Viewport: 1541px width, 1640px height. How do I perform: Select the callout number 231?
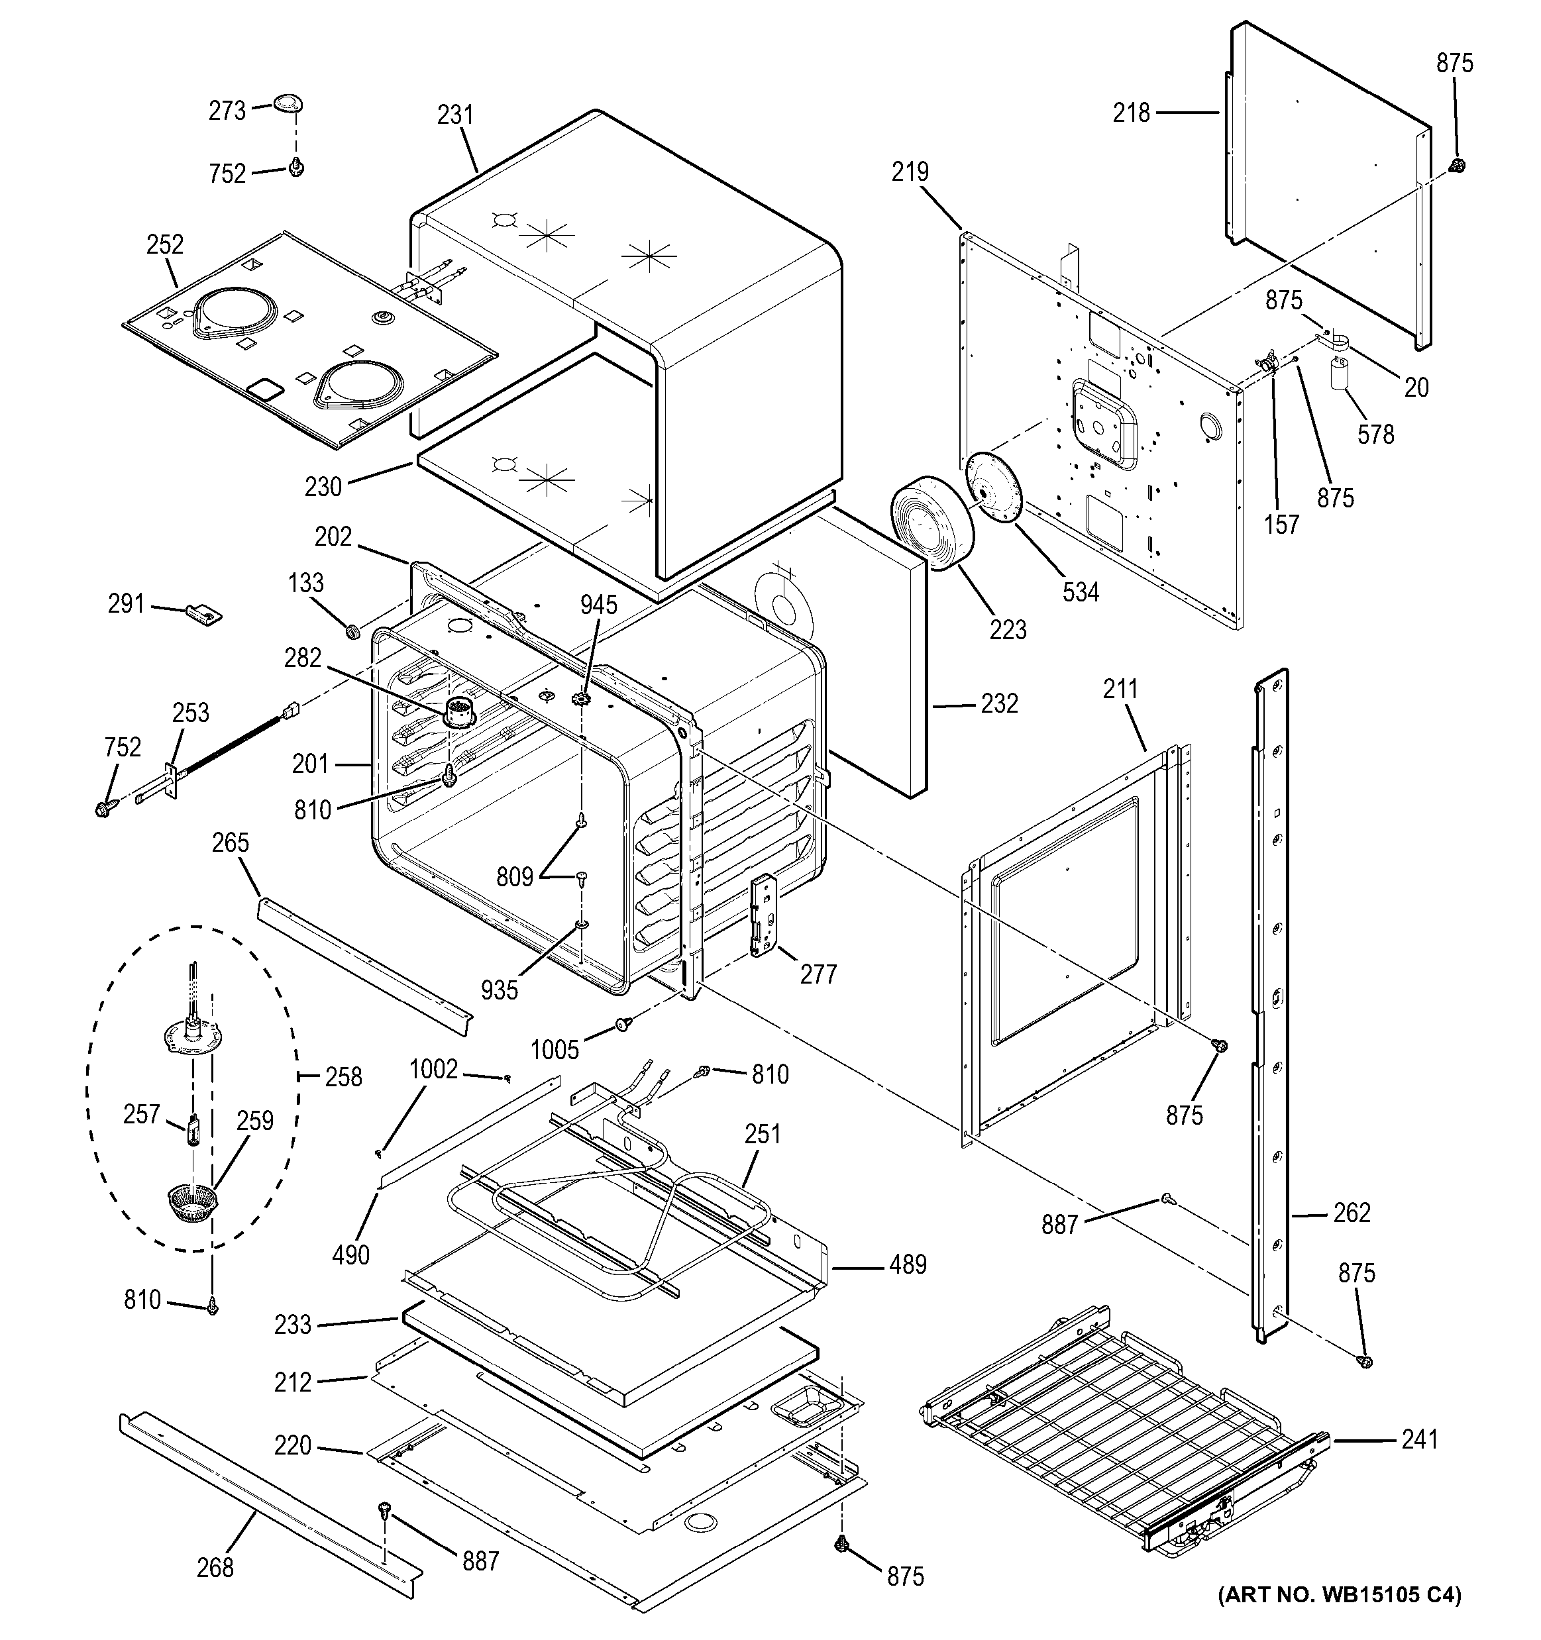pyautogui.click(x=455, y=115)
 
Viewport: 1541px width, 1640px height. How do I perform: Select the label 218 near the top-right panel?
pyautogui.click(x=1131, y=113)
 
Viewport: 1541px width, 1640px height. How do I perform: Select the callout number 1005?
pyautogui.click(x=555, y=1049)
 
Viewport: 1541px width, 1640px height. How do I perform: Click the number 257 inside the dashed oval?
pyautogui.click(x=141, y=1115)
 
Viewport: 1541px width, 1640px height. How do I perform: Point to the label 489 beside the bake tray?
pyautogui.click(x=908, y=1264)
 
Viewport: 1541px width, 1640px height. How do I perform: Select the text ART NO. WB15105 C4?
pyautogui.click(x=1340, y=1617)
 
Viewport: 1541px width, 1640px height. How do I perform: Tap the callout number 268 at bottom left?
pyautogui.click(x=215, y=1566)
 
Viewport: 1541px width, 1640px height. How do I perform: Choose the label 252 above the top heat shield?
pyautogui.click(x=165, y=245)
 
